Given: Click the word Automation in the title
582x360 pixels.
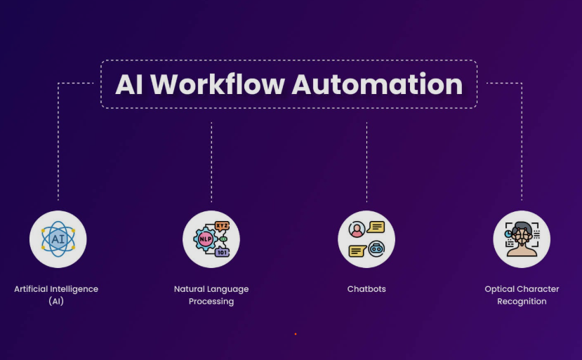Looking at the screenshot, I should [376, 84].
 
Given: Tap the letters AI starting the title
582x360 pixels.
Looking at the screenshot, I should [129, 84].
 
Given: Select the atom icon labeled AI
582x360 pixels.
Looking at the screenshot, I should [58, 239].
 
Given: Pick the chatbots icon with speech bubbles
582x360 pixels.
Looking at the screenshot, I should [366, 239].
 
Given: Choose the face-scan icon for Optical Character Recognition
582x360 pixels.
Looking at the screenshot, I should [522, 239].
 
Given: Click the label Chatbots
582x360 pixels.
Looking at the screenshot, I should [366, 289].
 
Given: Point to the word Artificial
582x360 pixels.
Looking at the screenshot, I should [32, 289].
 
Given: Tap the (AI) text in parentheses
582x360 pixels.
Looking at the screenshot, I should [57, 301].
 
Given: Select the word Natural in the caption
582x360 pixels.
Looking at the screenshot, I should [190, 289].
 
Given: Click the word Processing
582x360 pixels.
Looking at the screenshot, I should [211, 301].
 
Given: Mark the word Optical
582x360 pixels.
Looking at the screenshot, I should [500, 289].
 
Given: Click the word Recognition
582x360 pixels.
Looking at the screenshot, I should [522, 301].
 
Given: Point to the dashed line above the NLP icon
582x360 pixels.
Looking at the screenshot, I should [211, 161].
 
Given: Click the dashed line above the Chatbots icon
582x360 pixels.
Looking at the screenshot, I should [366, 161].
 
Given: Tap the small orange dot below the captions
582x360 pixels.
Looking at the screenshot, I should [296, 334].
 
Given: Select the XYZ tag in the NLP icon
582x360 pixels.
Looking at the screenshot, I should [222, 226].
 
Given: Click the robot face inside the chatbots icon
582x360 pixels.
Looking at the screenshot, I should [376, 248].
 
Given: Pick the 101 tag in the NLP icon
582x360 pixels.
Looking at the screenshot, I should [222, 251].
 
